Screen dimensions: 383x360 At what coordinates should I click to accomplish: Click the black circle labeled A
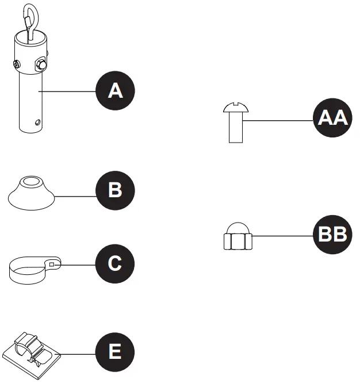[115, 91]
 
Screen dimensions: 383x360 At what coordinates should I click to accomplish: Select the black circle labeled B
[115, 190]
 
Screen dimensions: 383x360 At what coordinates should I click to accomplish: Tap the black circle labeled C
[115, 264]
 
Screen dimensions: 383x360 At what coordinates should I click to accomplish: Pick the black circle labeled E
[115, 351]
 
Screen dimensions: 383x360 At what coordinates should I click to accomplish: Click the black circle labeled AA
[332, 119]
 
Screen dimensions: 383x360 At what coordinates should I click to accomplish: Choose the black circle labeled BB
[332, 235]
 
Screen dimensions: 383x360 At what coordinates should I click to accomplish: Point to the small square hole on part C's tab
[52, 265]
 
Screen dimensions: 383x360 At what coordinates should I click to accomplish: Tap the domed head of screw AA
[236, 106]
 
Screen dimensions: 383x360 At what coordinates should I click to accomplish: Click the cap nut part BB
[236, 236]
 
